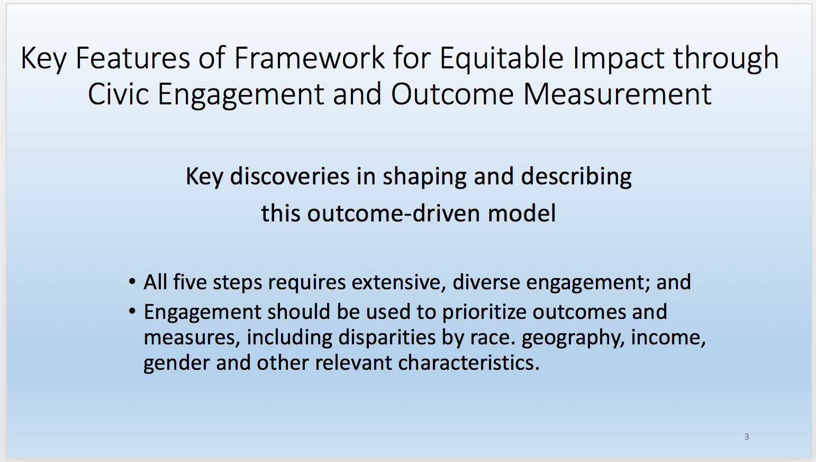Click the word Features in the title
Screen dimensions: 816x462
tap(133, 58)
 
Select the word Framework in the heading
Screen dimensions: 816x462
tap(309, 58)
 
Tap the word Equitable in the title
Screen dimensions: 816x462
tap(502, 58)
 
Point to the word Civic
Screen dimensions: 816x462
tap(119, 94)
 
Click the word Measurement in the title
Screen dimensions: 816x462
tap(617, 94)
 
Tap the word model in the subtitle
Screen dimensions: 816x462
tap(522, 214)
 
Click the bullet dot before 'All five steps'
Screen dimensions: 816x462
tap(132, 282)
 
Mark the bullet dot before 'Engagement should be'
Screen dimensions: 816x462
tap(132, 312)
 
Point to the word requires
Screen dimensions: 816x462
tap(307, 283)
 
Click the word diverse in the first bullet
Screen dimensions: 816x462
tap(486, 282)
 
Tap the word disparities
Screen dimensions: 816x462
tap(387, 337)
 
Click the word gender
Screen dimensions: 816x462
tap(177, 363)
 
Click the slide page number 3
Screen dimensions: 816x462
tap(747, 437)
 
